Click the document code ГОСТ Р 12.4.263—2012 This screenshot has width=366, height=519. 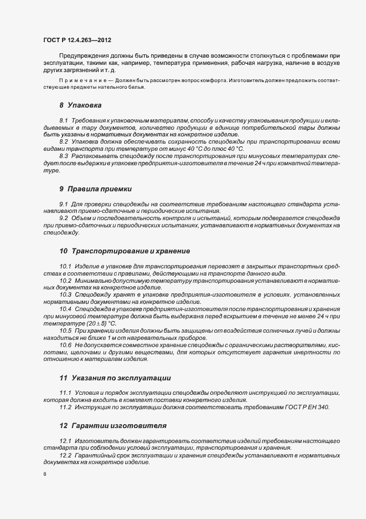[x=81, y=40]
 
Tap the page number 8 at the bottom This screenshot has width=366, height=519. [x=45, y=475]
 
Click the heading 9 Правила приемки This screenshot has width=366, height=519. [x=96, y=189]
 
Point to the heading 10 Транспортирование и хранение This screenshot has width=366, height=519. [x=125, y=251]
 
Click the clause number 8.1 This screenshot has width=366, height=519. [x=63, y=120]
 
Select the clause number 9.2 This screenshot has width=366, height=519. [x=63, y=218]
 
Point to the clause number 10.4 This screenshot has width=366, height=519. [x=65, y=309]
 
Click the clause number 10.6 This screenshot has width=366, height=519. [x=65, y=345]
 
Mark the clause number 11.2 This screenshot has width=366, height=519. [x=65, y=408]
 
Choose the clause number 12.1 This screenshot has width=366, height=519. [x=65, y=440]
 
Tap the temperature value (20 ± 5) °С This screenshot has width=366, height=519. [x=98, y=323]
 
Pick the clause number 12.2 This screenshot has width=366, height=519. [x=65, y=455]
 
